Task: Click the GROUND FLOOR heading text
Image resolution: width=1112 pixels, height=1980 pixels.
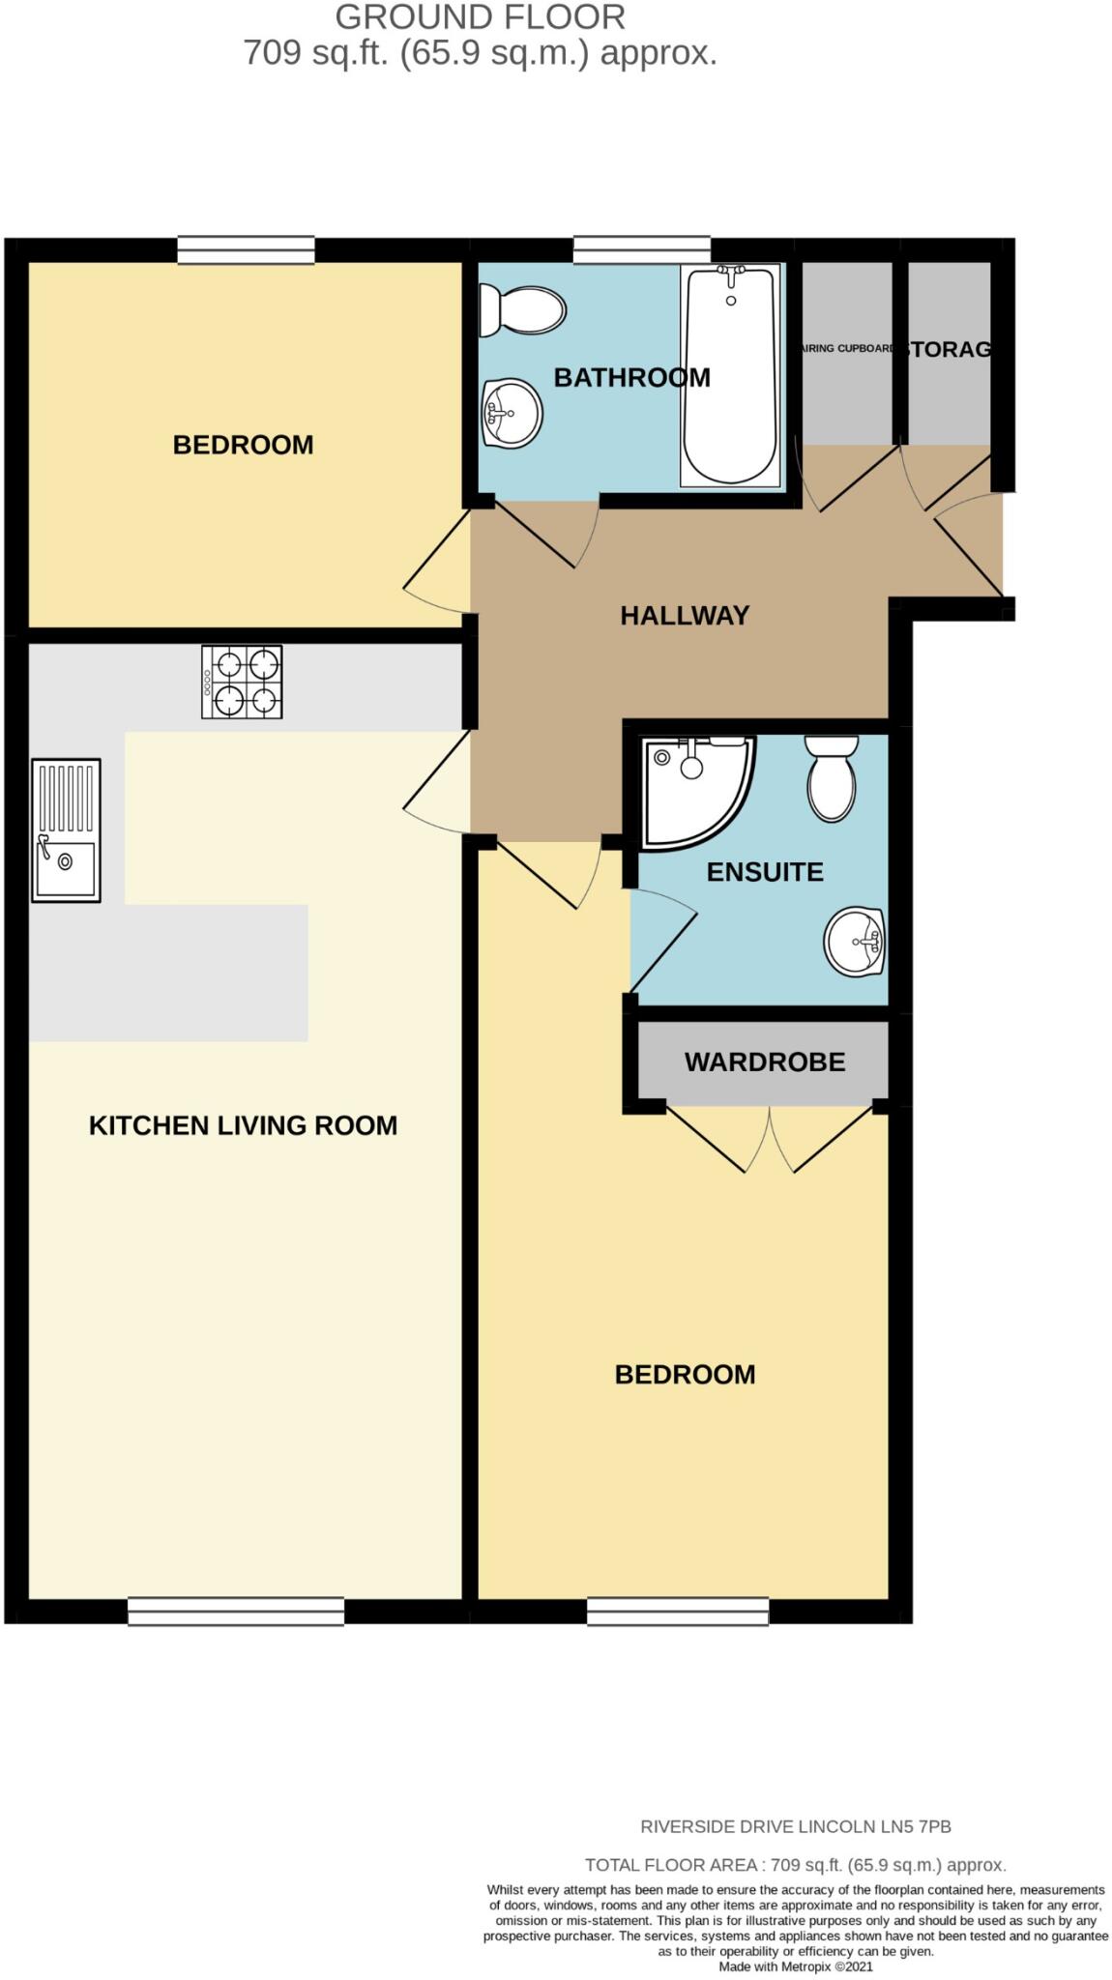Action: [480, 17]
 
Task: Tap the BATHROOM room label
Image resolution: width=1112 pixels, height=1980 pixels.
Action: [631, 377]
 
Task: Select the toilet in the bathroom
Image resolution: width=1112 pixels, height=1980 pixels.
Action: [522, 310]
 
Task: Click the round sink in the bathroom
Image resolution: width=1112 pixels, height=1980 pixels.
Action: [512, 414]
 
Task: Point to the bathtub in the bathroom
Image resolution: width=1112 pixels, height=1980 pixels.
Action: [730, 377]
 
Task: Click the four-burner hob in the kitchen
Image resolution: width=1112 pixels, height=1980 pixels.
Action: [242, 682]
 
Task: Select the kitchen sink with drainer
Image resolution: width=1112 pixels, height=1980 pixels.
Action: [66, 830]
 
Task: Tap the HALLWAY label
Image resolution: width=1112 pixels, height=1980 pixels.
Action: [685, 615]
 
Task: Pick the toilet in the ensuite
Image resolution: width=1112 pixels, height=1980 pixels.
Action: [832, 778]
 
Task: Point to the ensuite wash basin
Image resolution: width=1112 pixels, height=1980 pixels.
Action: [855, 940]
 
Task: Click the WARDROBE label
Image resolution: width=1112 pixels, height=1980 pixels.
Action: [765, 1062]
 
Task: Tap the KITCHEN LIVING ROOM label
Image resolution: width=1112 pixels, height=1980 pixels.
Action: [243, 1124]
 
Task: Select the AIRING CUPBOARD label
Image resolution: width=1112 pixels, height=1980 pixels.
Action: [847, 348]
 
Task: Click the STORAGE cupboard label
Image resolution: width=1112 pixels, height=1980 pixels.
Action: [950, 349]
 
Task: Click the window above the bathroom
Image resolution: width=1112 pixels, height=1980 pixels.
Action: [642, 249]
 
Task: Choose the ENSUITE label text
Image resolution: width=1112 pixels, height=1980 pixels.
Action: [765, 871]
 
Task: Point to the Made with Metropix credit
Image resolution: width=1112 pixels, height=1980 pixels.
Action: [795, 1966]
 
